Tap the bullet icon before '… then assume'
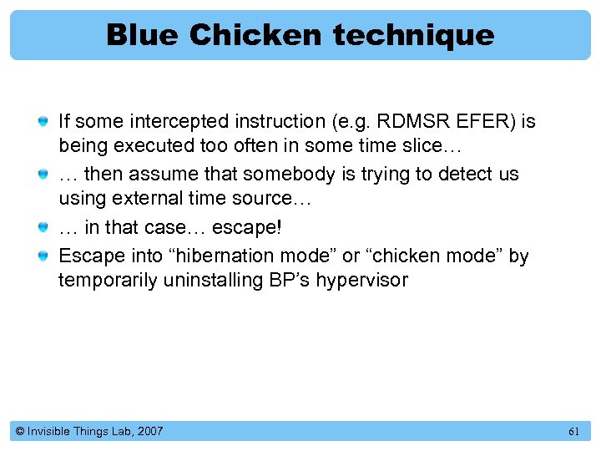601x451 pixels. (x=43, y=175)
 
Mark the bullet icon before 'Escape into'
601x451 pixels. (x=43, y=256)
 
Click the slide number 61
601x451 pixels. (x=573, y=431)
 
